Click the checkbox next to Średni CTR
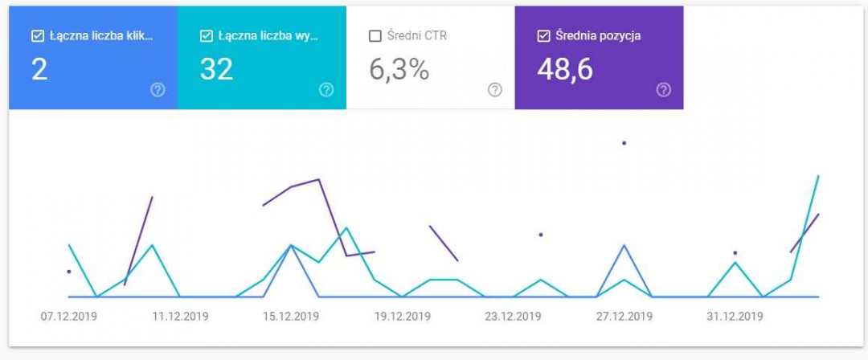(375, 36)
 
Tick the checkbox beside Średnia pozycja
(543, 36)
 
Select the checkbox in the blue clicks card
(37, 36)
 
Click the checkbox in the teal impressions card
(206, 36)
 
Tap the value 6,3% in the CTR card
(399, 70)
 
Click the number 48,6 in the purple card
(564, 70)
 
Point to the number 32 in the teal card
(216, 70)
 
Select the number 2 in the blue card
(39, 70)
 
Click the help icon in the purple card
(663, 90)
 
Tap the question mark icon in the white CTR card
(495, 90)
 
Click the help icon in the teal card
(326, 90)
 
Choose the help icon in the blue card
(158, 90)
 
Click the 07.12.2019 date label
(69, 317)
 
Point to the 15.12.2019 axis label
(291, 317)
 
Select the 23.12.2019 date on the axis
(513, 317)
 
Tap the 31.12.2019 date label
(735, 317)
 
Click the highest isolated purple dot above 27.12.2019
(624, 143)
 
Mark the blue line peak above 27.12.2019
(624, 245)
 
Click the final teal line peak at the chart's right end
(818, 175)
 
